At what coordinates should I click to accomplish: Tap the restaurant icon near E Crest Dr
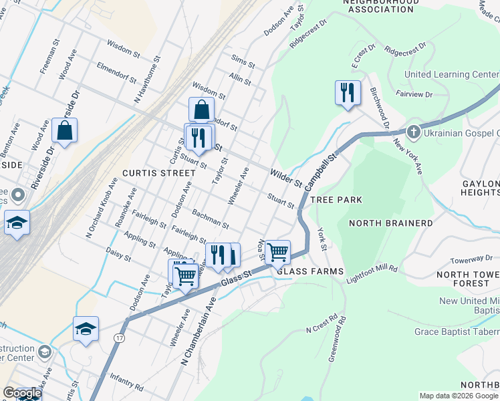point(347,93)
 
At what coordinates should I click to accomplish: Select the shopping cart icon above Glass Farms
point(277,253)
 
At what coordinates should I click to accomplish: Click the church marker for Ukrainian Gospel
point(413,132)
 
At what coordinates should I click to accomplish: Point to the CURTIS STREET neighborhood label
point(156,172)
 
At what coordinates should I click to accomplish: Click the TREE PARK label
point(341,200)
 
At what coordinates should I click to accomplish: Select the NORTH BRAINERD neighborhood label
point(390,223)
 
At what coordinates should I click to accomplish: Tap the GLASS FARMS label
point(310,271)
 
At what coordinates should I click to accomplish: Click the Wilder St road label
point(286,178)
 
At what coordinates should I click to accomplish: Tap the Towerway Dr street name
point(471,259)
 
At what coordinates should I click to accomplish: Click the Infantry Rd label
point(126,386)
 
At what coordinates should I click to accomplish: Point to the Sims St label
point(243,62)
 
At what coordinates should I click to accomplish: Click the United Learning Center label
point(451,75)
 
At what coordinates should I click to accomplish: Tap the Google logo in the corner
point(21,394)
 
